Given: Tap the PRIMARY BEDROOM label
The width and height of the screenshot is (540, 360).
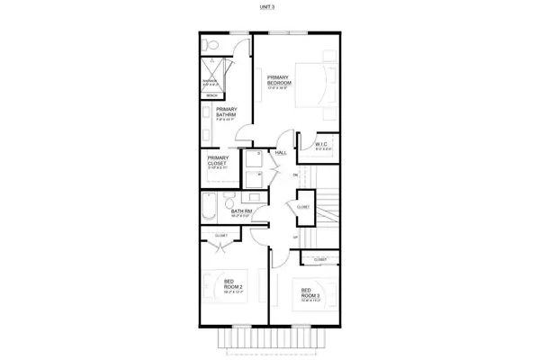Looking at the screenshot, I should coord(278,82).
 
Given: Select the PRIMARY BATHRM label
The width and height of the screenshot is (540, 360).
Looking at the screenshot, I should coord(226,113).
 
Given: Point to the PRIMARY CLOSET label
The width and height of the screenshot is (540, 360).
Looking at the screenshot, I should coord(218,162).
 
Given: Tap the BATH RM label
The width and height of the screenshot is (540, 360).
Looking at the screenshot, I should coord(229,212).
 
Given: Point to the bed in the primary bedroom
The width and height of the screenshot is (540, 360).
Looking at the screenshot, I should coord(310,85).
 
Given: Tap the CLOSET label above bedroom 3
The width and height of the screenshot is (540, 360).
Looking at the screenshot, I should coord(319,260).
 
